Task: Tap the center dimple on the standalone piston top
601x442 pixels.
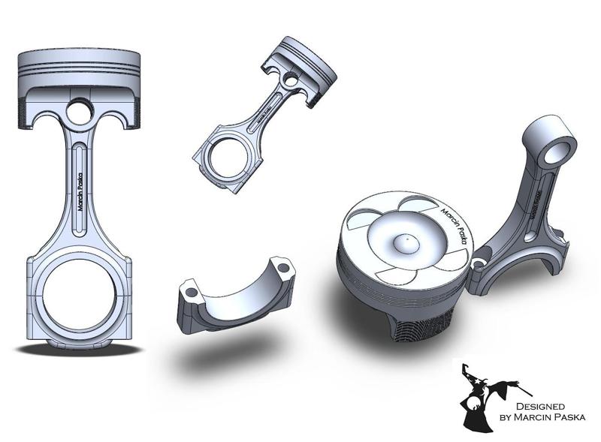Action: [404, 242]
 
